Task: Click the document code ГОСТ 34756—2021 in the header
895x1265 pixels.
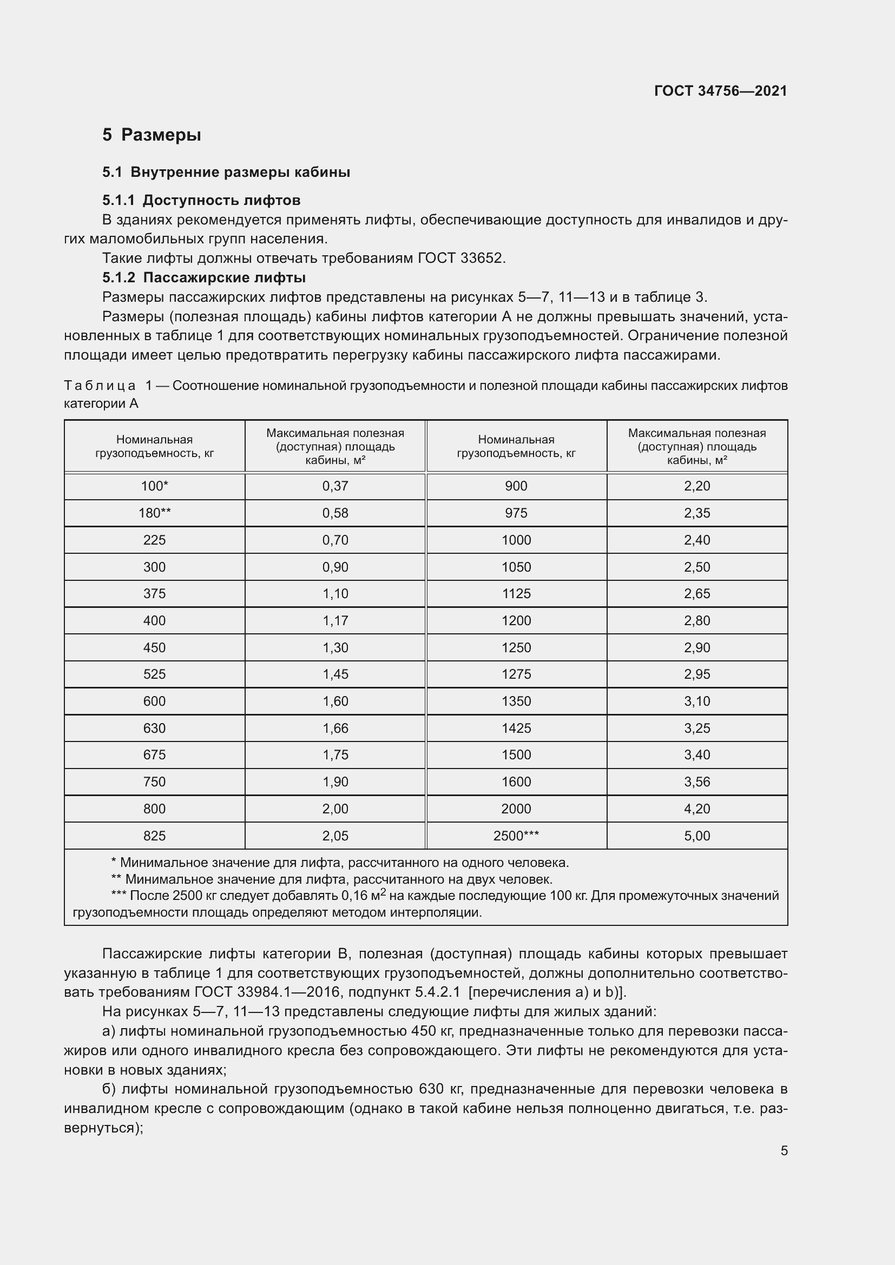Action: tap(720, 91)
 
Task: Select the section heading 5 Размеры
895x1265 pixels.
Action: tap(152, 135)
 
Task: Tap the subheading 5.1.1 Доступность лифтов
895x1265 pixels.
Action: tap(201, 200)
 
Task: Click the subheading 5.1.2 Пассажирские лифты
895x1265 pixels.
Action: tap(204, 277)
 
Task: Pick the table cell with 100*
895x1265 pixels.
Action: tap(154, 486)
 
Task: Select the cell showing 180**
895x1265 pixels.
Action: tap(154, 513)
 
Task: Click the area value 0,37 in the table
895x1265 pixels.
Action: tap(335, 486)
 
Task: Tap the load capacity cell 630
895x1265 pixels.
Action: tap(154, 728)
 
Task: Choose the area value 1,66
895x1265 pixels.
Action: tap(335, 728)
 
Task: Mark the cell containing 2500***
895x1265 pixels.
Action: tap(516, 836)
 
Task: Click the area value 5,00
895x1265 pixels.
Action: tap(696, 836)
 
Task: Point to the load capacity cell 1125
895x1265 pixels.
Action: tap(516, 593)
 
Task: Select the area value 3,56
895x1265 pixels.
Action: tap(696, 782)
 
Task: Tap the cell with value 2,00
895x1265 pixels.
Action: tap(335, 809)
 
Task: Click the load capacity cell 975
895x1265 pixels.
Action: tap(516, 513)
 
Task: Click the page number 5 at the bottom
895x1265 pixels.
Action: tap(784, 1151)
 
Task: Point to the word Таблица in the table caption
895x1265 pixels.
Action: tap(100, 386)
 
